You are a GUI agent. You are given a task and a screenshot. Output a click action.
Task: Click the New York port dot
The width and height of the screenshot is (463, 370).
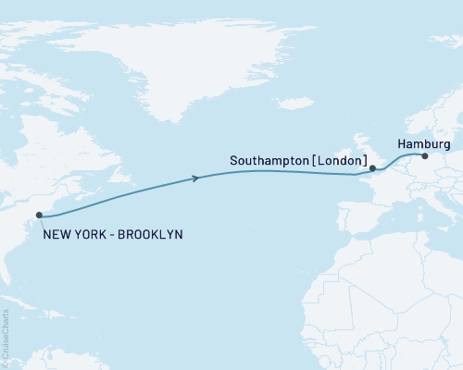[x=40, y=216]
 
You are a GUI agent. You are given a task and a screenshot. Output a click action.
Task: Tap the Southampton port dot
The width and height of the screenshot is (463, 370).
[x=372, y=168]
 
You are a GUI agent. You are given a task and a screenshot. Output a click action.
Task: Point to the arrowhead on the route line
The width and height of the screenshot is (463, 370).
[x=196, y=178]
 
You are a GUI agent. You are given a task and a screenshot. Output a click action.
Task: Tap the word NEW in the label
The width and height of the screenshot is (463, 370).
[x=55, y=235]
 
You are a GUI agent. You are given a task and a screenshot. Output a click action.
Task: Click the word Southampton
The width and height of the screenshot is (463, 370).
[x=269, y=161]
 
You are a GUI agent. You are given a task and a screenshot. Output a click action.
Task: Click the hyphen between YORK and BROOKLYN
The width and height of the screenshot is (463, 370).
[x=107, y=235]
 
